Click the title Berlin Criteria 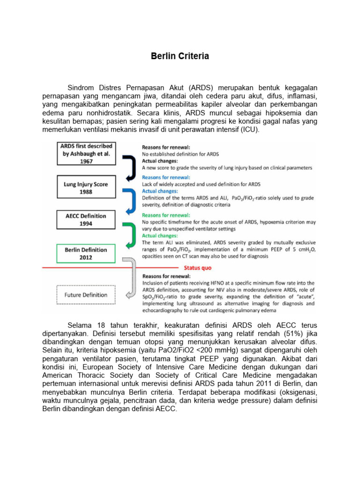180,56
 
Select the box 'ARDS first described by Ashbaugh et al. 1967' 86,153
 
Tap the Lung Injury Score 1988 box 86,187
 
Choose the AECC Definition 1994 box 86,220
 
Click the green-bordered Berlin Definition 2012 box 86,254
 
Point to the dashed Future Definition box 85,295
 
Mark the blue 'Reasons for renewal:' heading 165,178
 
